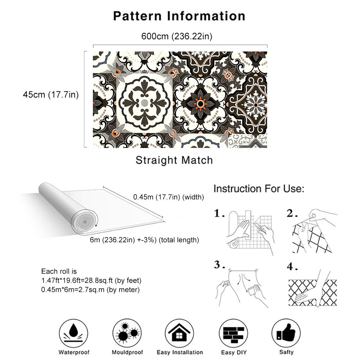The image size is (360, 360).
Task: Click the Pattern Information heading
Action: [179, 16]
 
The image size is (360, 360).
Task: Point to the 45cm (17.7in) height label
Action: [51, 95]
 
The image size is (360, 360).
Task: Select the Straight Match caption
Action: [174, 160]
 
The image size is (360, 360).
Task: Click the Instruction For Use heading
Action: [259, 189]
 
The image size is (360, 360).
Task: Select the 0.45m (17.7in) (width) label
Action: [168, 197]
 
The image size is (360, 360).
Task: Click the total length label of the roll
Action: [144, 240]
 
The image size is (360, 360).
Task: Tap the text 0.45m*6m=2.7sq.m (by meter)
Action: [91, 289]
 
